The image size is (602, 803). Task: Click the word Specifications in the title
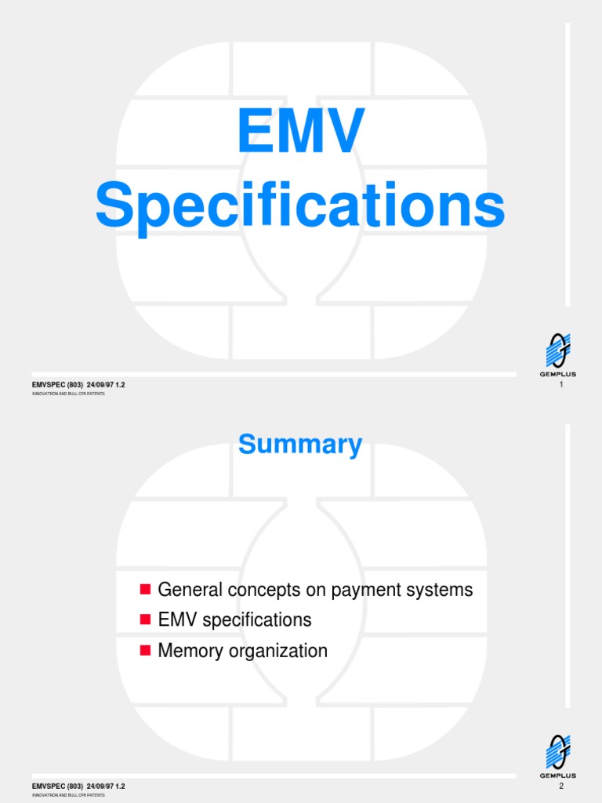pos(300,205)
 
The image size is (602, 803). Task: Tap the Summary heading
pos(300,445)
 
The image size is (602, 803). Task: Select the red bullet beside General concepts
pos(144,589)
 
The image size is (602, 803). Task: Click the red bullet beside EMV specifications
pos(144,620)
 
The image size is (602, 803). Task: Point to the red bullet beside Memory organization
pos(144,650)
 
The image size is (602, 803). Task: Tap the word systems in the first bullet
pos(440,589)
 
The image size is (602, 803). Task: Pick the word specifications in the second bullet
pos(257,620)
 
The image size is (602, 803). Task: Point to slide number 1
pos(562,384)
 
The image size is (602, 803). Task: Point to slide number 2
pos(562,786)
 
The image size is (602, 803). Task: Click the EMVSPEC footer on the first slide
pos(78,384)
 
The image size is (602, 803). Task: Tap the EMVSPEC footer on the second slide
pos(78,786)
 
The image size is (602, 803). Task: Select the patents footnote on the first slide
pos(68,394)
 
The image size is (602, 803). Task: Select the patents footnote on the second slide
pos(68,795)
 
